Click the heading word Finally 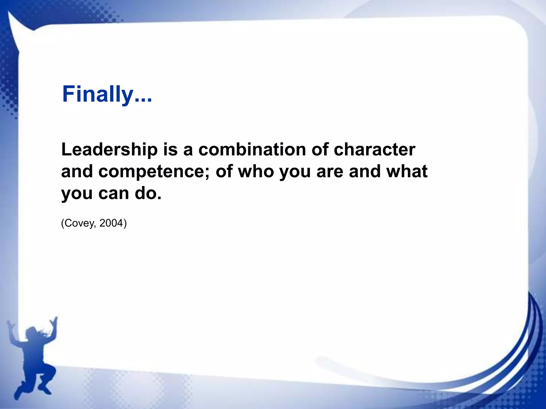[x=98, y=94]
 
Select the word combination [x=252, y=150]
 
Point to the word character [x=375, y=150]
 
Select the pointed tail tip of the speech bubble [x=9, y=13]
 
